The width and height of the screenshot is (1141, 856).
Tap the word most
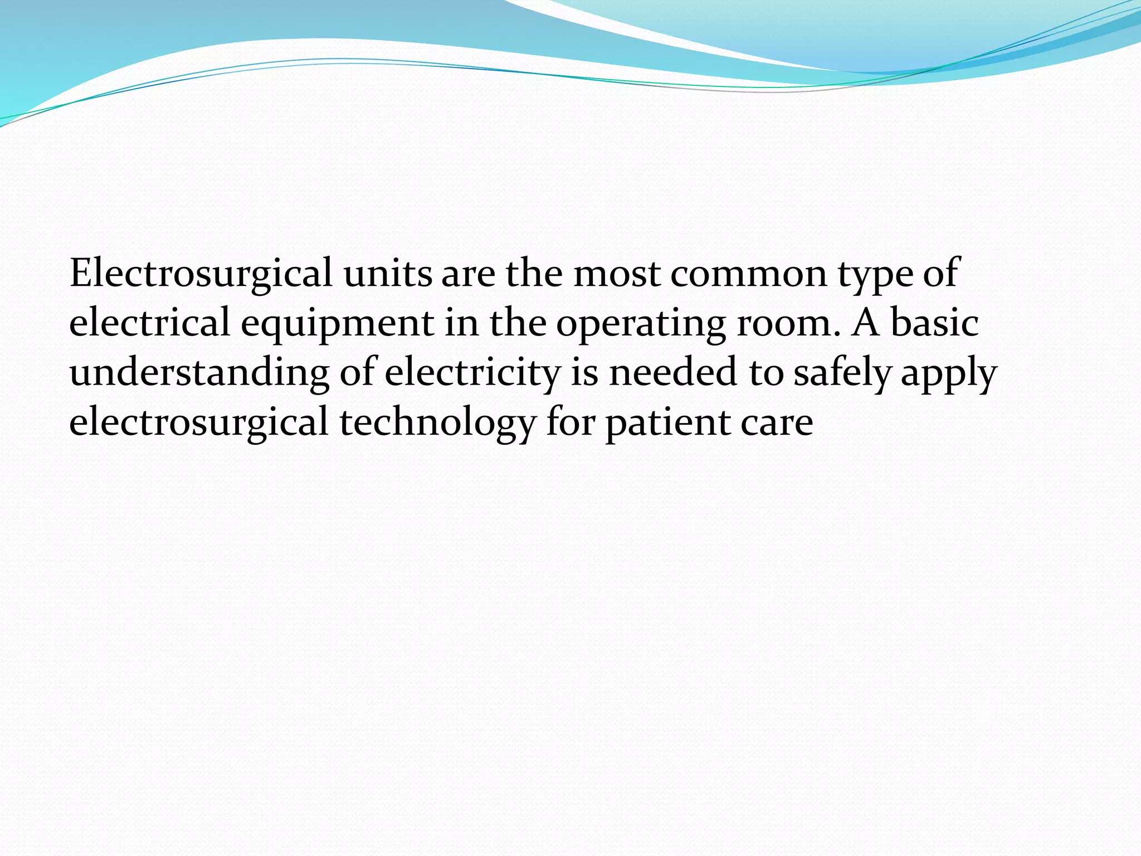click(617, 274)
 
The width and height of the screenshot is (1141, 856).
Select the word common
click(749, 274)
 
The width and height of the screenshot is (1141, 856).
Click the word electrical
click(149, 323)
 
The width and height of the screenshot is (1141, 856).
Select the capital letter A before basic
click(865, 323)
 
